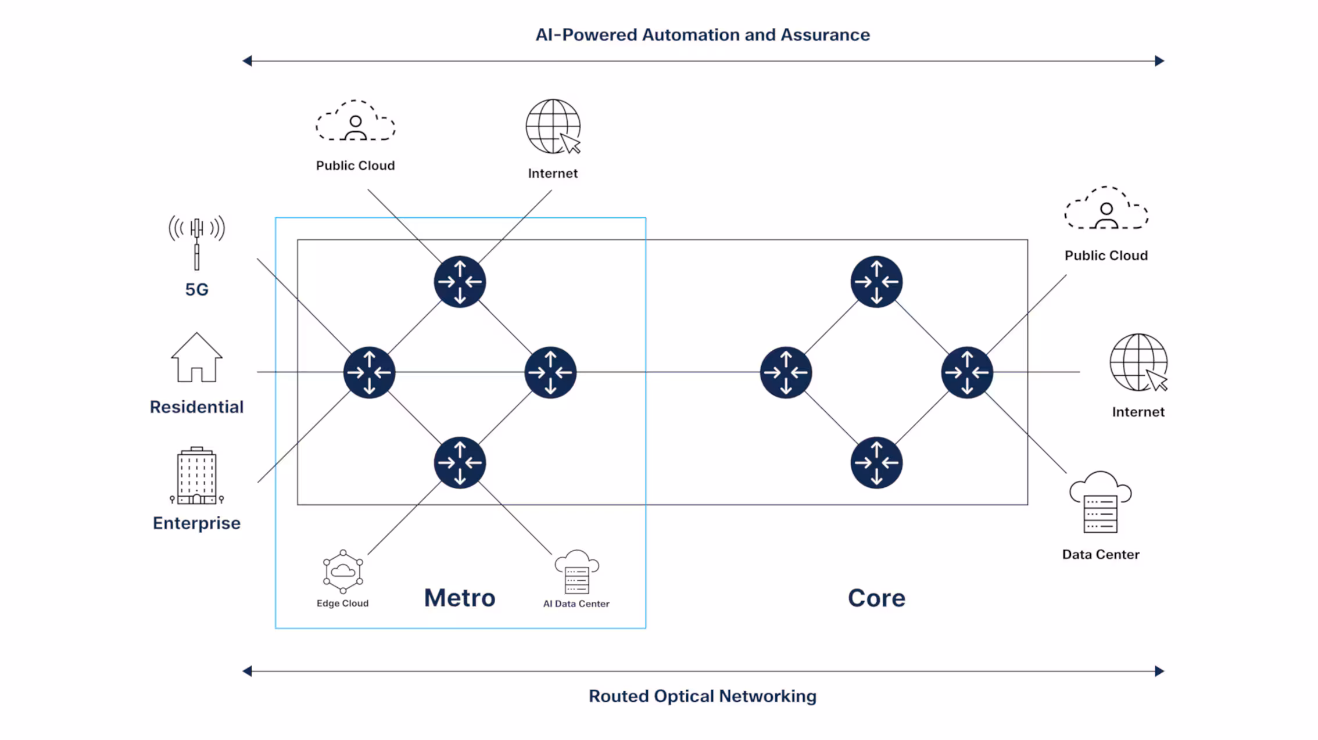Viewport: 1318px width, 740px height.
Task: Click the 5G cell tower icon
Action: click(196, 243)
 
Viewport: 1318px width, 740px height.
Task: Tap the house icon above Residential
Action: click(196, 357)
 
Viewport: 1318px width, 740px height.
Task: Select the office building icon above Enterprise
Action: click(196, 476)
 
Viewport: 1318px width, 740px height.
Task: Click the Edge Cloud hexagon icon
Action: click(343, 572)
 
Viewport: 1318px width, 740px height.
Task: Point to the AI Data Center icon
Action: click(576, 572)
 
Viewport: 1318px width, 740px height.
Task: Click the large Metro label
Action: click(460, 598)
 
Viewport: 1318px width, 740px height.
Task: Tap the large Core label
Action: click(876, 598)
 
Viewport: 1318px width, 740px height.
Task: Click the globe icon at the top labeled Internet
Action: click(553, 127)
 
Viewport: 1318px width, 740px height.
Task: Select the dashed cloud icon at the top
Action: click(356, 121)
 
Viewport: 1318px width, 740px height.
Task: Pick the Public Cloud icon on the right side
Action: click(1106, 208)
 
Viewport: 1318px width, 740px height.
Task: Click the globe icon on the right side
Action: click(1138, 362)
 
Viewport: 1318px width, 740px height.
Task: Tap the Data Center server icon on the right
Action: click(1100, 502)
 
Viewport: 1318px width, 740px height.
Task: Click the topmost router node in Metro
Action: click(460, 282)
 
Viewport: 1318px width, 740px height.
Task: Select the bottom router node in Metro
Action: click(460, 463)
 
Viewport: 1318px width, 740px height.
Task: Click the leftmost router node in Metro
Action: click(369, 372)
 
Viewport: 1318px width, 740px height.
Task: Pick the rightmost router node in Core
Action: click(967, 372)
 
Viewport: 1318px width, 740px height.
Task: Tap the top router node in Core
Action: click(876, 282)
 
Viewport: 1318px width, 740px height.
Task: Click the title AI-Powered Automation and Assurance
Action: click(703, 35)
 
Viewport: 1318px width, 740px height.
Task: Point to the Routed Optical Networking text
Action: click(703, 696)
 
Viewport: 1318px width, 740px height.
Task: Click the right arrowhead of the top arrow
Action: click(1160, 61)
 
